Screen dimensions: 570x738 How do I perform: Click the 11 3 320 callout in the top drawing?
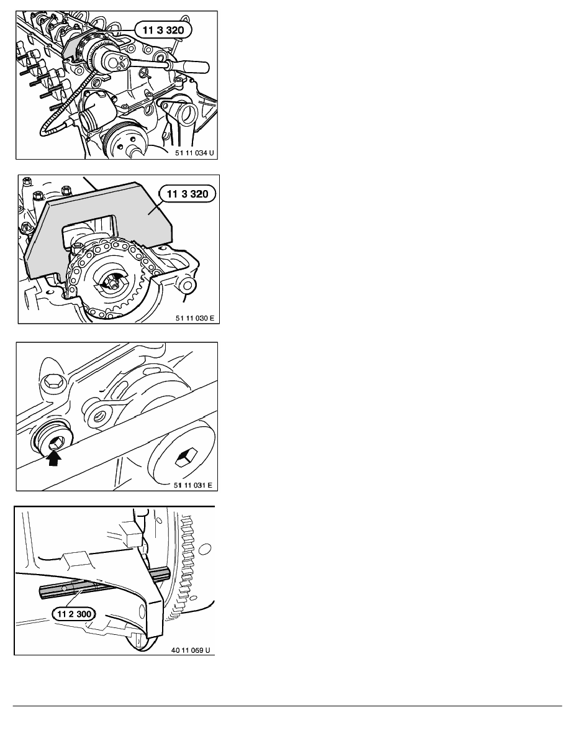(163, 30)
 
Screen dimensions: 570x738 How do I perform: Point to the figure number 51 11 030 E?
(195, 318)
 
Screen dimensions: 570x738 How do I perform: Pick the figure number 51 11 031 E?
(193, 485)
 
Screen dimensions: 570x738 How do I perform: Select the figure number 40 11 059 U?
(191, 650)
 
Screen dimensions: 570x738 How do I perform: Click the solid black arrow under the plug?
(55, 458)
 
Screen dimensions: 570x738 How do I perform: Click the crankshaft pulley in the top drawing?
(123, 139)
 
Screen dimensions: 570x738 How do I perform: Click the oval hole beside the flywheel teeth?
(205, 549)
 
